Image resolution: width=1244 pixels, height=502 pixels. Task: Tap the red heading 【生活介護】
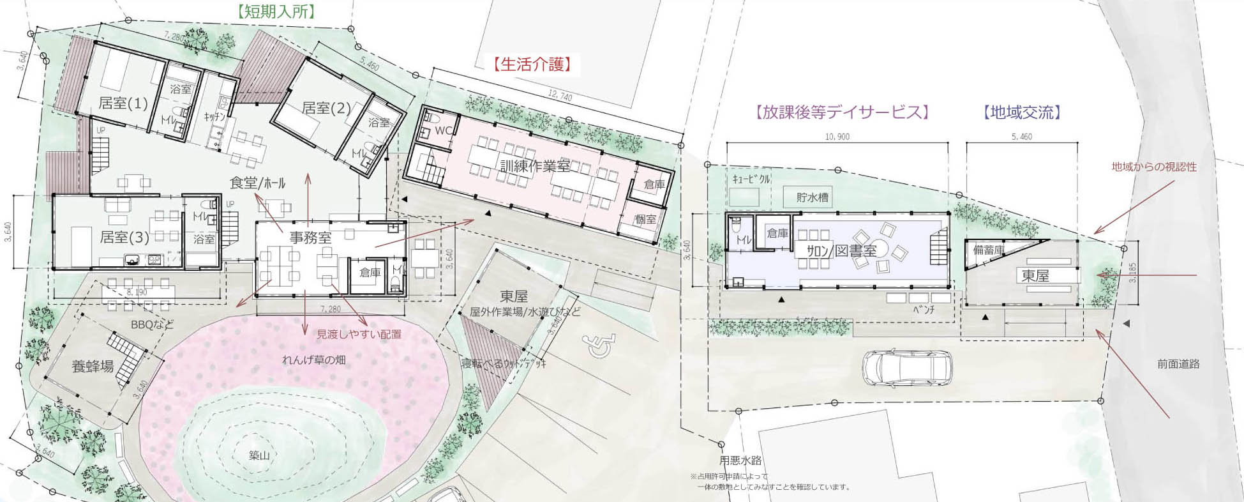pos(531,64)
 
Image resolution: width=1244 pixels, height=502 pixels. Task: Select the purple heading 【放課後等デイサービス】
pos(839,112)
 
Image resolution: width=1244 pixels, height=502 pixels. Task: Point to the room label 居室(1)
pos(123,103)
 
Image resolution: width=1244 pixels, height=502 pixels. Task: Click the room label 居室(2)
pos(326,108)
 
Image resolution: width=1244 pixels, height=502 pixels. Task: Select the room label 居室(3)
pos(124,238)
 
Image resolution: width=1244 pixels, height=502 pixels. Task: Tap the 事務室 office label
pos(311,238)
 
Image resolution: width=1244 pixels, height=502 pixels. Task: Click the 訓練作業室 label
pos(535,166)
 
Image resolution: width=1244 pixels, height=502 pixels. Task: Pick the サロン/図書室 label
pos(841,250)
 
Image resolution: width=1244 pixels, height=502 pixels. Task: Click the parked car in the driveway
pos(907,369)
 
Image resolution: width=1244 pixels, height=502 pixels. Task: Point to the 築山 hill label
pos(260,455)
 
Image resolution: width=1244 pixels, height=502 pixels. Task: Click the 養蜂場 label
pos(93,367)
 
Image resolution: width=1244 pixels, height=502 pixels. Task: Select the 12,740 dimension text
pos(560,96)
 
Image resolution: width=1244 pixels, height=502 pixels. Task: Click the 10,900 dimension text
pos(837,137)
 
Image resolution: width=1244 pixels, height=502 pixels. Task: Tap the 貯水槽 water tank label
pos(813,197)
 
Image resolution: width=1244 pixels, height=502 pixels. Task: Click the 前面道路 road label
pos(1178,364)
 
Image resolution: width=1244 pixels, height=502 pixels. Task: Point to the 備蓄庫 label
pos(989,250)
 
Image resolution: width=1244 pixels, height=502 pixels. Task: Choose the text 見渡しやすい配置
pos(359,333)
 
